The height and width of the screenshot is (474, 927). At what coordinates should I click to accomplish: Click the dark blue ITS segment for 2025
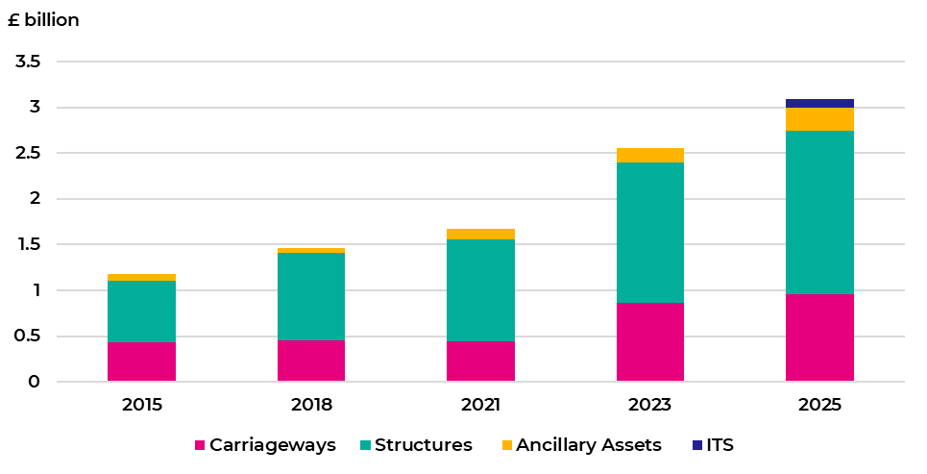pyautogui.click(x=819, y=103)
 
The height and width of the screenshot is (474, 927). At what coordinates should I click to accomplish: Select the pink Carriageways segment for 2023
pyautogui.click(x=650, y=342)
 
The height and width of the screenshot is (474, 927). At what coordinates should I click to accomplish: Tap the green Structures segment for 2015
pyautogui.click(x=142, y=311)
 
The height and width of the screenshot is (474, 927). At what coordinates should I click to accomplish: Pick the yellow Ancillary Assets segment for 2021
pyautogui.click(x=481, y=234)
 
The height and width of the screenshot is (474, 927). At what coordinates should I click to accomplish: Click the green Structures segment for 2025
pyautogui.click(x=819, y=212)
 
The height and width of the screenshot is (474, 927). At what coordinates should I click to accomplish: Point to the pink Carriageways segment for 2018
pyautogui.click(x=311, y=361)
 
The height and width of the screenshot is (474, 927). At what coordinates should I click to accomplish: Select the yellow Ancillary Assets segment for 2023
pyautogui.click(x=650, y=155)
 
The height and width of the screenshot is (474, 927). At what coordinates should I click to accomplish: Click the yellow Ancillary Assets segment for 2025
pyautogui.click(x=819, y=118)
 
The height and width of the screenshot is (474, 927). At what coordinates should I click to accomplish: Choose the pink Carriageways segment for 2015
pyautogui.click(x=142, y=362)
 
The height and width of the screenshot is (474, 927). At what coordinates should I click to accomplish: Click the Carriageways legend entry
pyautogui.click(x=265, y=445)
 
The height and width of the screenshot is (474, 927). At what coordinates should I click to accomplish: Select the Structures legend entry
pyautogui.click(x=415, y=445)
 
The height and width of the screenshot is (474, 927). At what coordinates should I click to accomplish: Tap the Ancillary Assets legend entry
pyautogui.click(x=580, y=445)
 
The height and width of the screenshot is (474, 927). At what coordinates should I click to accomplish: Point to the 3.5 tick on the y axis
pyautogui.click(x=28, y=62)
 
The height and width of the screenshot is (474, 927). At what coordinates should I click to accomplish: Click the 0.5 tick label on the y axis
pyautogui.click(x=28, y=337)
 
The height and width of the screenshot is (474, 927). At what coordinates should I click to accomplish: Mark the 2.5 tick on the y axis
pyautogui.click(x=28, y=153)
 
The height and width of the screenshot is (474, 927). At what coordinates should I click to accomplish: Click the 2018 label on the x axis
pyautogui.click(x=311, y=405)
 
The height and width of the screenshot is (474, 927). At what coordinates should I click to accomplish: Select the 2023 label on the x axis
pyautogui.click(x=650, y=405)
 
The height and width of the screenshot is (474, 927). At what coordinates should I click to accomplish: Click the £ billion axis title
pyautogui.click(x=43, y=20)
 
